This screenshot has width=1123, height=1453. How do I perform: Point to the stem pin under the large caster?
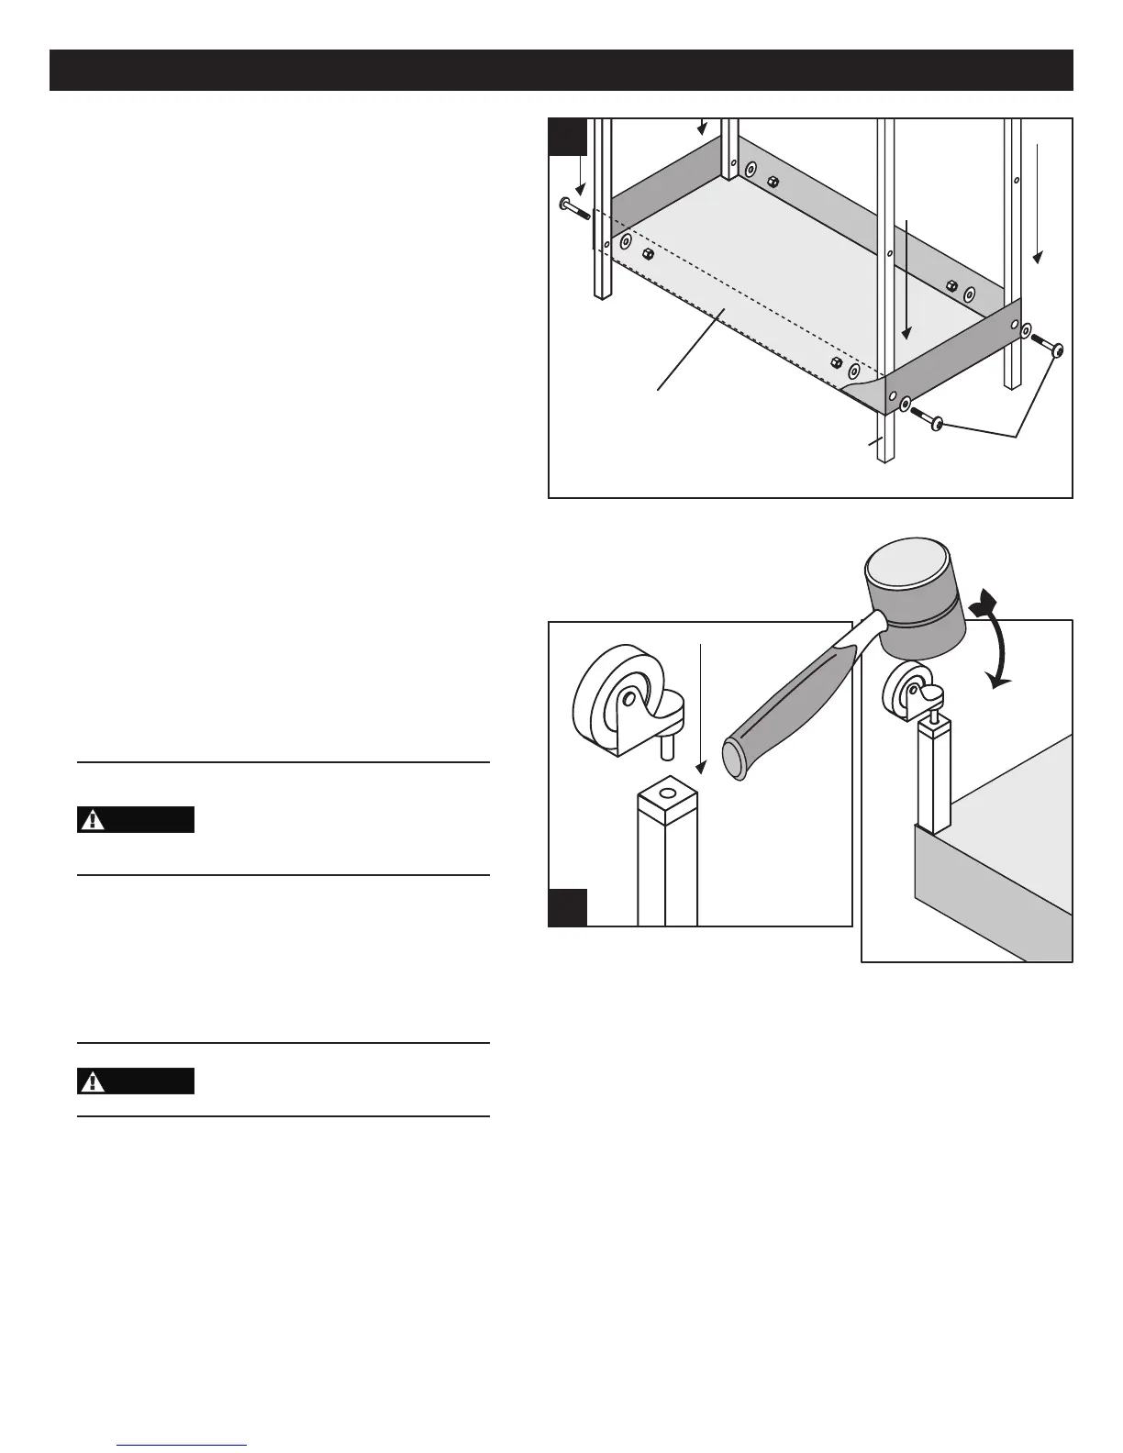coord(666,746)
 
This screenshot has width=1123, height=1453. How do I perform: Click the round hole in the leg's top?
coord(667,793)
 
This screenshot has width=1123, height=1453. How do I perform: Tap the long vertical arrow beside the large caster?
coord(701,706)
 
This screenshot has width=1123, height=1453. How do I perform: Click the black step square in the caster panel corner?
coord(568,907)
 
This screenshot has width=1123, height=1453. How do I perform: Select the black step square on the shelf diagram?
coord(567,137)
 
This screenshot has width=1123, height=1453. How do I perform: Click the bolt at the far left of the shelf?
coord(574,207)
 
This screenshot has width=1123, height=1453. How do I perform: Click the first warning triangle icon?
coord(93,820)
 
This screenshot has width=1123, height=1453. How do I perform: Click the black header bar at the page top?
coord(561,71)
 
